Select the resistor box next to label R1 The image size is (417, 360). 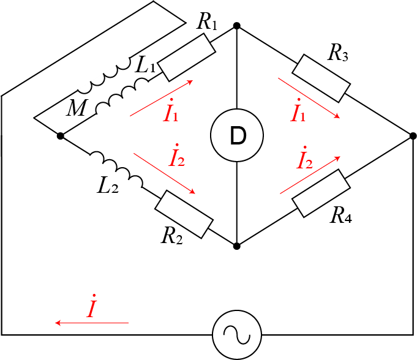(186, 58)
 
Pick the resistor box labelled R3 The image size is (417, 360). (321, 77)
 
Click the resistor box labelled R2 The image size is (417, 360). (184, 214)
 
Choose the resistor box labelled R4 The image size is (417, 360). (319, 193)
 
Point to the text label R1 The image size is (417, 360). (206, 23)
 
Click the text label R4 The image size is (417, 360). (341, 216)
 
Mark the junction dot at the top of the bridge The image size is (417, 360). (236, 26)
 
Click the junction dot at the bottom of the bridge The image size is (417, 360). (236, 246)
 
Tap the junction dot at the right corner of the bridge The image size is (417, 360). (412, 135)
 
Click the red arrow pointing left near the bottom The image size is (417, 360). (92, 322)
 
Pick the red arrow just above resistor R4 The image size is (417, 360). (310, 174)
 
